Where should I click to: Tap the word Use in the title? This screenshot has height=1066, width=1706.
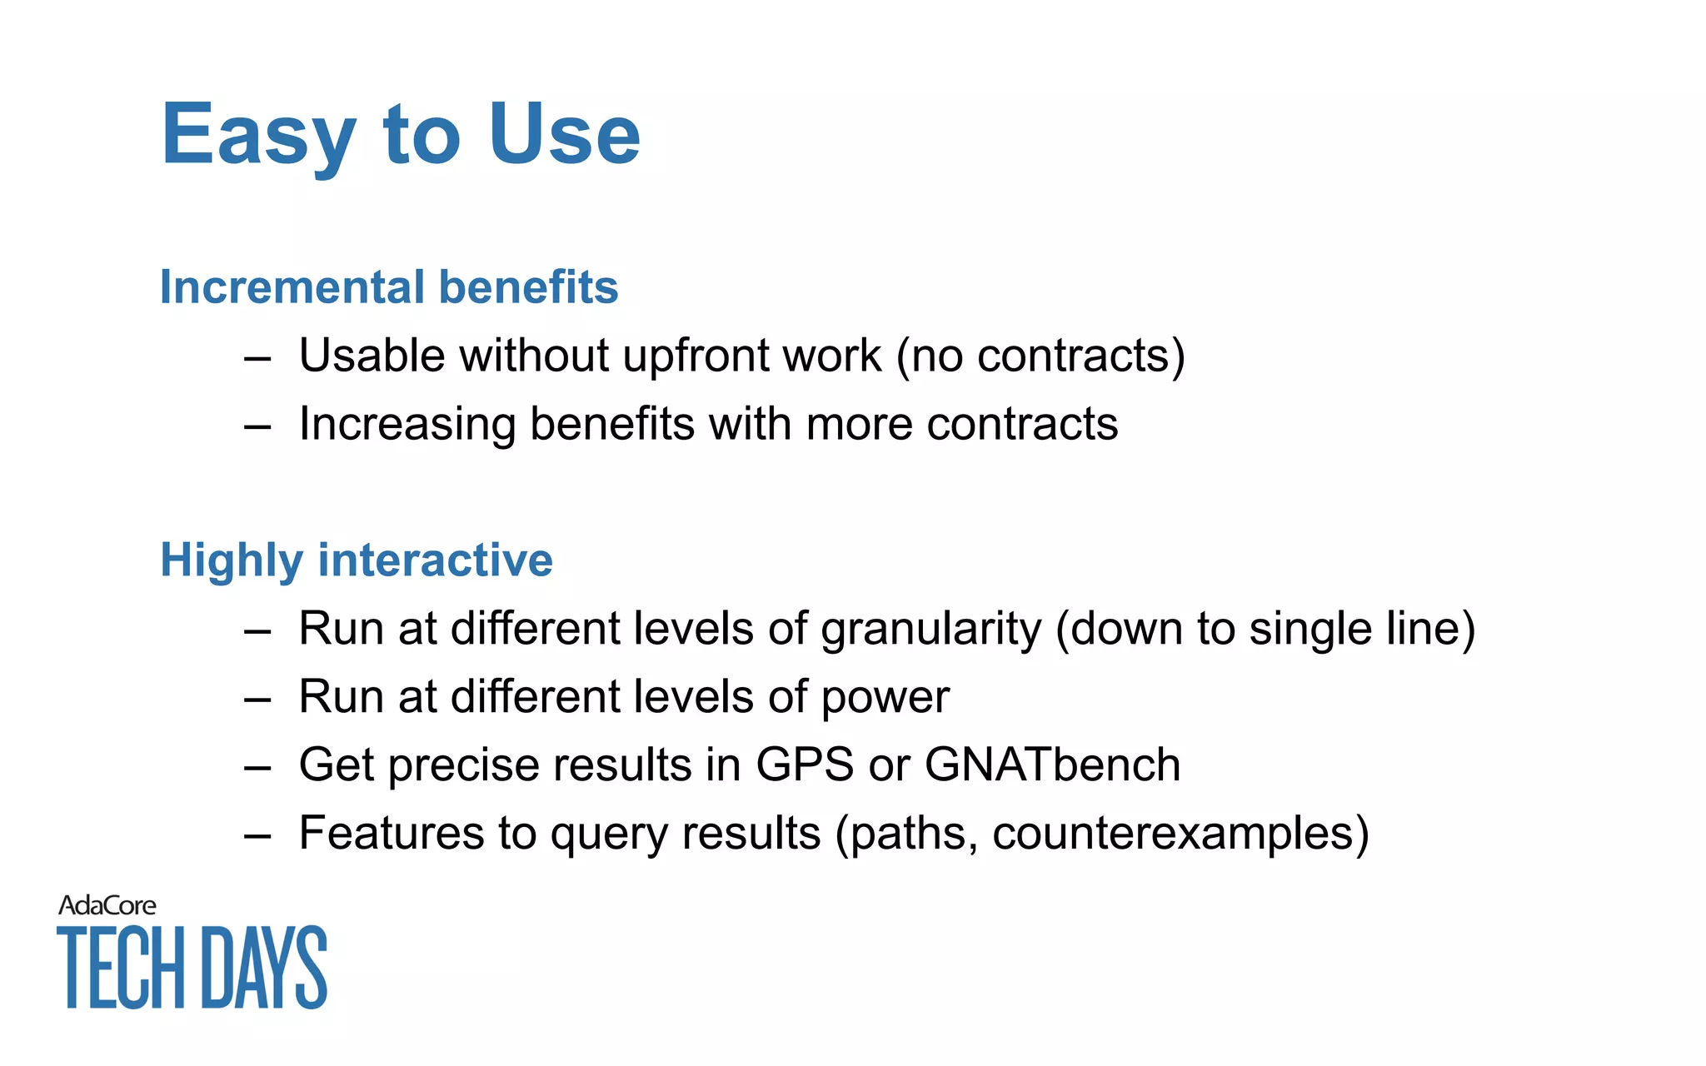pyautogui.click(x=564, y=134)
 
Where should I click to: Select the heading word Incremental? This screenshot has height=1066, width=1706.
pyautogui.click(x=292, y=287)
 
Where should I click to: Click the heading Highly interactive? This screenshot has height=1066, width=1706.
pyautogui.click(x=356, y=560)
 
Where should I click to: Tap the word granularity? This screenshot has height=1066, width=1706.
pyautogui.click(x=930, y=630)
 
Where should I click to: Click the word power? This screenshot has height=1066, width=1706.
pyautogui.click(x=885, y=698)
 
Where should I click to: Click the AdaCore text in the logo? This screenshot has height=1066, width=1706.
pyautogui.click(x=107, y=905)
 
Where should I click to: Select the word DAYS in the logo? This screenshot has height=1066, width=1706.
pyautogui.click(x=265, y=967)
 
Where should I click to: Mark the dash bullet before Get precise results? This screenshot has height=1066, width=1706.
pyautogui.click(x=257, y=767)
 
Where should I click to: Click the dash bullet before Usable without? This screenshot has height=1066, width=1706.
pyautogui.click(x=257, y=359)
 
